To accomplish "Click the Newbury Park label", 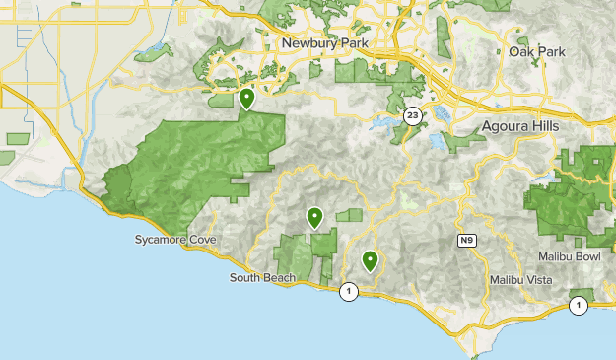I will (x=322, y=43).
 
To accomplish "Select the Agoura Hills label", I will (x=521, y=127).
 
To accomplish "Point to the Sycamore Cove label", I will (x=173, y=240).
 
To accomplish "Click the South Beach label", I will (x=261, y=278).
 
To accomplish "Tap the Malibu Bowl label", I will (x=569, y=256).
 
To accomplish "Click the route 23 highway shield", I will (x=414, y=115).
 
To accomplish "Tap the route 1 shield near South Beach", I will (x=348, y=291).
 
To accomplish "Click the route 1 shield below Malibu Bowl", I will (x=579, y=306).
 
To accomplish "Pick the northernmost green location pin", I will (x=246, y=99).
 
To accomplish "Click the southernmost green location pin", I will (x=371, y=260).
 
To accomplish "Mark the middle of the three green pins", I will (x=315, y=217).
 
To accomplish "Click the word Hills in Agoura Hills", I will (x=542, y=127).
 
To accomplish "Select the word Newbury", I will (x=307, y=43).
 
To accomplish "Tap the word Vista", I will (x=540, y=279).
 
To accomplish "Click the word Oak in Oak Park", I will (x=520, y=51).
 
